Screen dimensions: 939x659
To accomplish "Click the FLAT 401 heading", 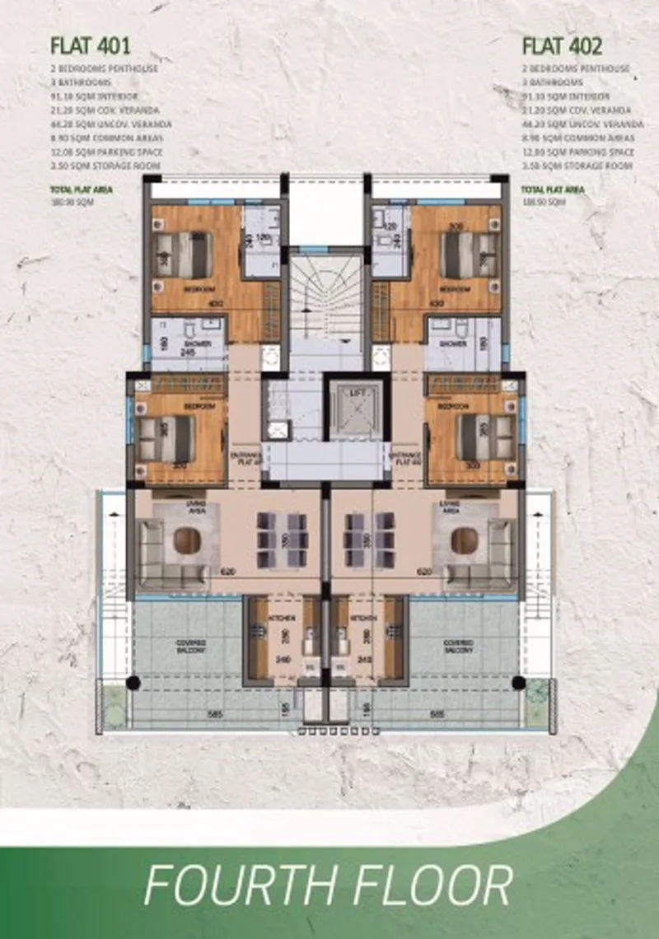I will [91, 46].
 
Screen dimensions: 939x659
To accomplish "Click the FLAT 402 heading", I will [563, 46].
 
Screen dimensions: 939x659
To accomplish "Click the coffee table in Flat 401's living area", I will [187, 540].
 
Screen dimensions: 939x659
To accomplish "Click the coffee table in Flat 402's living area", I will [465, 540].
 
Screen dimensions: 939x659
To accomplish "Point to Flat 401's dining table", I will [282, 541].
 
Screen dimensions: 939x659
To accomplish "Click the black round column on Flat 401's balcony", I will [133, 682].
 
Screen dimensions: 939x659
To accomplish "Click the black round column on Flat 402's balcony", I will [518, 682].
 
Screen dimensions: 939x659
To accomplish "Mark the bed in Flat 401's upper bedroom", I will [185, 255].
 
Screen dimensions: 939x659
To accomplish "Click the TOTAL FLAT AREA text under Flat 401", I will [80, 189].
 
